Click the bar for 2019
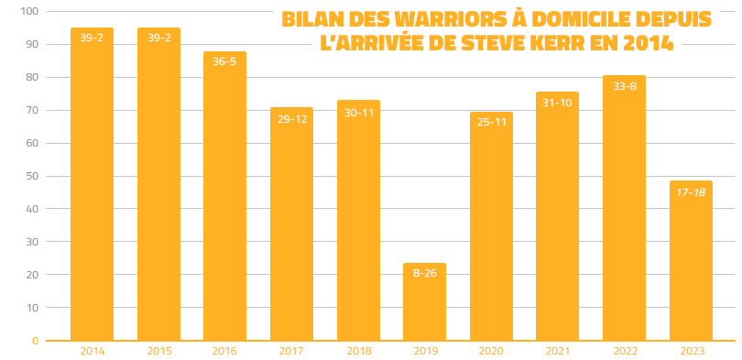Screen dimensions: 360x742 (x=424, y=302)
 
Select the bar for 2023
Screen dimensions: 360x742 (x=691, y=261)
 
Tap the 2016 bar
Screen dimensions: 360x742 (x=224, y=196)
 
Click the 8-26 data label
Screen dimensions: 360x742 (x=424, y=273)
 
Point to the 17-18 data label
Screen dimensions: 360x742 (x=691, y=191)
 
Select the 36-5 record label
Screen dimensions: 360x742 (x=224, y=62)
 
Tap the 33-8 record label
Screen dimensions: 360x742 (x=624, y=86)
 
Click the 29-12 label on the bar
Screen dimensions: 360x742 (x=291, y=118)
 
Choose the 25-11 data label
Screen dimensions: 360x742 (x=491, y=122)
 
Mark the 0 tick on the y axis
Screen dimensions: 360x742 (x=35, y=341)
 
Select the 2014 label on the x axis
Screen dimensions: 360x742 (x=92, y=351)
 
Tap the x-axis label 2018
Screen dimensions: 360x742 (x=357, y=351)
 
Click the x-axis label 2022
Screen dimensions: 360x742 (x=624, y=351)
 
